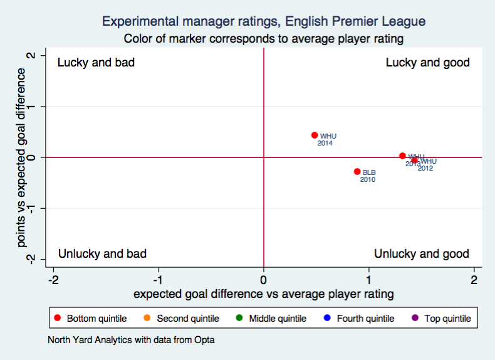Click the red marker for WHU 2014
tap(315, 135)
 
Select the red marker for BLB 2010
tap(357, 171)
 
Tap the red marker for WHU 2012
tap(414, 160)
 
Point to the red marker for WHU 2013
tap(402, 156)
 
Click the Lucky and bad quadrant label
tap(96, 63)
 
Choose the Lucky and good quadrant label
tap(427, 63)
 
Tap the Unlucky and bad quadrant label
tap(102, 253)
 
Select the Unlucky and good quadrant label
tap(421, 253)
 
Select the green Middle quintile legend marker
tap(239, 319)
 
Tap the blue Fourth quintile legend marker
tap(327, 319)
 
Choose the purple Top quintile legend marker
tap(415, 319)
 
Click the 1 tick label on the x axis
tap(369, 279)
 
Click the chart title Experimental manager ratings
tap(263, 21)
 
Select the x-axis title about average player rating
tap(263, 294)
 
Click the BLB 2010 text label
tap(368, 176)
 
